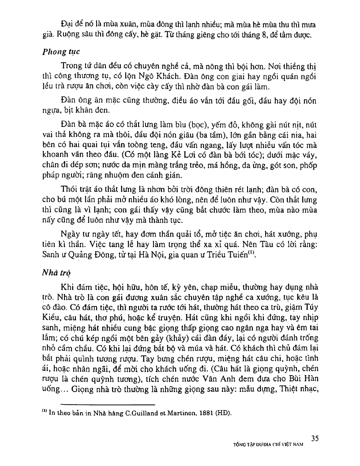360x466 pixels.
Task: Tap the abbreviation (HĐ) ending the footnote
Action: coord(220,413)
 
